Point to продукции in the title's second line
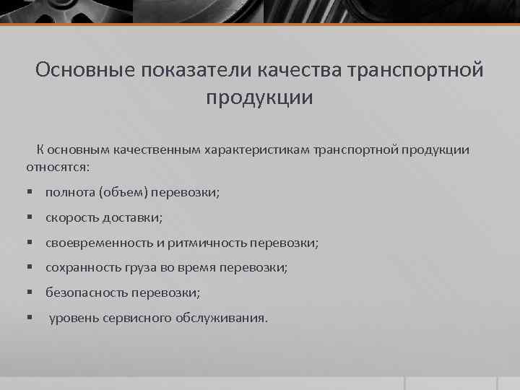pyautogui.click(x=260, y=97)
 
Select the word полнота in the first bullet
pyautogui.click(x=70, y=192)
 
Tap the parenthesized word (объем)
pyautogui.click(x=124, y=192)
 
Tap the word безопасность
pyautogui.click(x=87, y=292)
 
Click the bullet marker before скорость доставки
pyautogui.click(x=30, y=217)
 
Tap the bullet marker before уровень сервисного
pyautogui.click(x=30, y=318)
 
